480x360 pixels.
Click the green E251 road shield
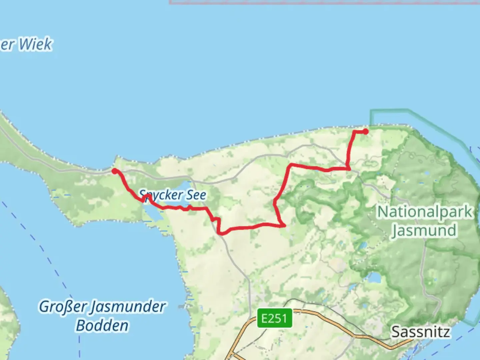click(274, 318)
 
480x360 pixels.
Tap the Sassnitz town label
click(420, 332)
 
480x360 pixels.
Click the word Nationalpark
click(425, 212)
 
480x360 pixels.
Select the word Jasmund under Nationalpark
click(424, 230)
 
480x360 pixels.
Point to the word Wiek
click(35, 44)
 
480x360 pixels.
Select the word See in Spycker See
click(196, 195)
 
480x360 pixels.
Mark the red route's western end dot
click(114, 171)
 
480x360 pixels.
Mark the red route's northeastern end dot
click(366, 131)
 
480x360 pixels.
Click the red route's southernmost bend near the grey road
click(221, 233)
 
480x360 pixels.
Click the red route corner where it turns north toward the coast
click(348, 169)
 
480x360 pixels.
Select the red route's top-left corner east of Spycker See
click(292, 165)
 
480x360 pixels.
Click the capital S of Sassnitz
click(396, 332)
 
